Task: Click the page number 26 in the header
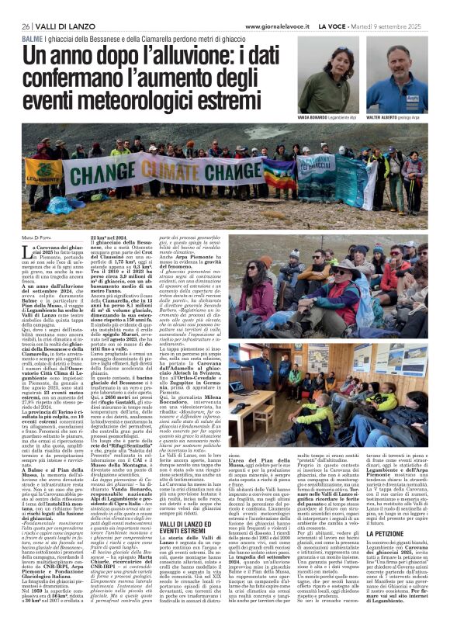click(27, 26)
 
